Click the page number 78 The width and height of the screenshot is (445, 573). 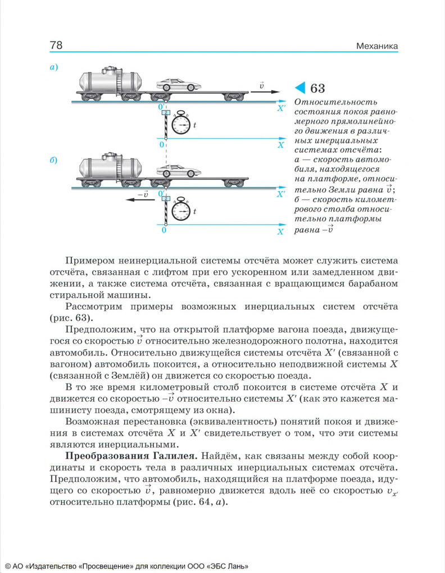tap(56, 45)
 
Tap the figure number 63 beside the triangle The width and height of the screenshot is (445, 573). tap(317, 88)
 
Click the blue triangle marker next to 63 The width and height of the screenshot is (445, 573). tap(300, 88)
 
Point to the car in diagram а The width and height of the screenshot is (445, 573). tap(178, 85)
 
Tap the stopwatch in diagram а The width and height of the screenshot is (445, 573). tap(181, 124)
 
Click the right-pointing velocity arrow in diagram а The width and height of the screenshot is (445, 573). tap(265, 91)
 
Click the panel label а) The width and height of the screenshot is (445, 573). tap(54, 67)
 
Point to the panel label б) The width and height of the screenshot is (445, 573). tap(54, 160)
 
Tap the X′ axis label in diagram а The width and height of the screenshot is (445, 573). tap(281, 107)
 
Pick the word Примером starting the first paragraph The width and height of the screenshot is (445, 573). tap(88, 261)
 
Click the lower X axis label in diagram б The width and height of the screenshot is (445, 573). tap(280, 231)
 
